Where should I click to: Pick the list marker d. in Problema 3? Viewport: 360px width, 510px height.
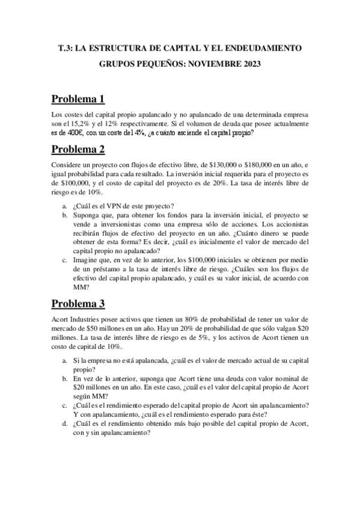click(64, 423)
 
